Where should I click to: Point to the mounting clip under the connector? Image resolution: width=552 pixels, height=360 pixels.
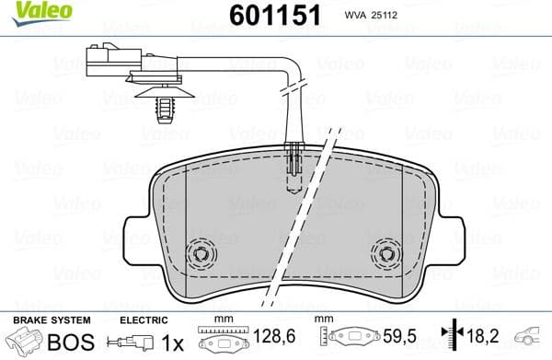(165, 104)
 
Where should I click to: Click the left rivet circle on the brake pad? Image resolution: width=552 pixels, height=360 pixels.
(198, 253)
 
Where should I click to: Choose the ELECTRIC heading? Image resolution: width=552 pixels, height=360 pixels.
(145, 319)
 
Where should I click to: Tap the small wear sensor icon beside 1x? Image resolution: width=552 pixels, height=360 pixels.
(130, 343)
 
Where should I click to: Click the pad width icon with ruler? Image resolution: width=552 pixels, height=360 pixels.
(221, 339)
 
